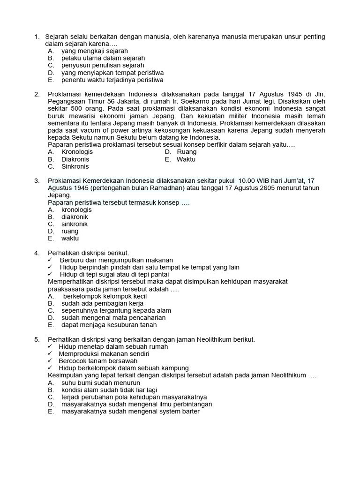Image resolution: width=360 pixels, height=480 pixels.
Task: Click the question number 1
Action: coord(36,37)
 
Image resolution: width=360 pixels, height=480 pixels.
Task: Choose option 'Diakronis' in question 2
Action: coord(75,159)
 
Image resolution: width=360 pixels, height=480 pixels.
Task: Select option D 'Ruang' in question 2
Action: coord(186,152)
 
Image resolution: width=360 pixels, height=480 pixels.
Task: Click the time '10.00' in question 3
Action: coord(247,181)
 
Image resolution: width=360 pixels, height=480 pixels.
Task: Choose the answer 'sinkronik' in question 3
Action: coord(75,224)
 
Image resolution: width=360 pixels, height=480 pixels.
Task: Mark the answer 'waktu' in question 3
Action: coord(70,238)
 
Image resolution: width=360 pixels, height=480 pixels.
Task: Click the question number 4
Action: coord(37,253)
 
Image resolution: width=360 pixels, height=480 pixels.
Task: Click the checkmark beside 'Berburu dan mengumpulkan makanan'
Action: coord(51,260)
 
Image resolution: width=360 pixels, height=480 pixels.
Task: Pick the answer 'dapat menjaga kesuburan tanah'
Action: coord(109,325)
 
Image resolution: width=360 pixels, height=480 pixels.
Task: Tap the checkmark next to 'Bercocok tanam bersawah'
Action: coord(51,361)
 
